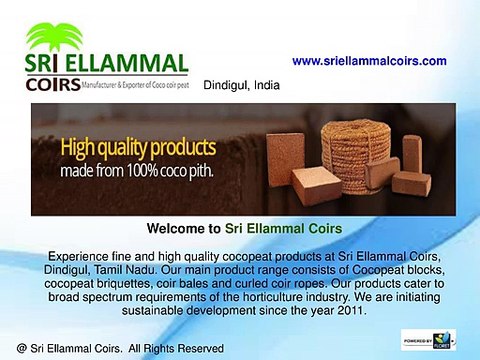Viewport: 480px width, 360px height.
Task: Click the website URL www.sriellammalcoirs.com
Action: coord(369,61)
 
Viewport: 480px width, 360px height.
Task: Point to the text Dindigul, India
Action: coord(241,85)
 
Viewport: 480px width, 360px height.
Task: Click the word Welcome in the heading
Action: coord(176,227)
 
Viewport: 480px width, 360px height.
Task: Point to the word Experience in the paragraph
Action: coord(79,257)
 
